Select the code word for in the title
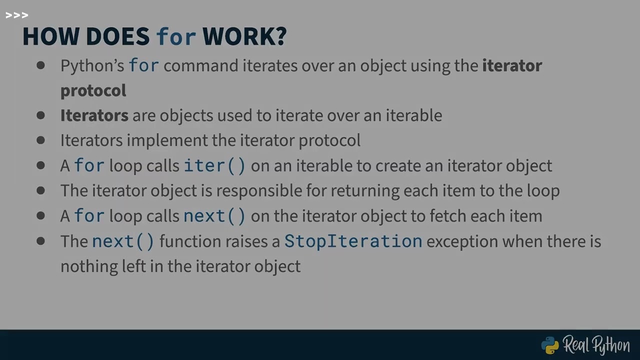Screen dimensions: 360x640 click(x=175, y=36)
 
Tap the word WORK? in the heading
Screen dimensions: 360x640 click(x=244, y=36)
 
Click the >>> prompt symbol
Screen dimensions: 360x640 click(x=17, y=15)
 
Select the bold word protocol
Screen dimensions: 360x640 click(x=93, y=91)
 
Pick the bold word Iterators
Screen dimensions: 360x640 click(x=94, y=115)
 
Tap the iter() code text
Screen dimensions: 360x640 click(x=214, y=165)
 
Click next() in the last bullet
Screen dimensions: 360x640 click(x=123, y=241)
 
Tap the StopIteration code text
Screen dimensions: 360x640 click(x=353, y=241)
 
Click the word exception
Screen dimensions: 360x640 click(x=462, y=241)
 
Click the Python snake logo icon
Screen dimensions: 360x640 click(x=550, y=345)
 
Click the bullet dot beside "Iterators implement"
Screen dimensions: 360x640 click(x=41, y=140)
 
